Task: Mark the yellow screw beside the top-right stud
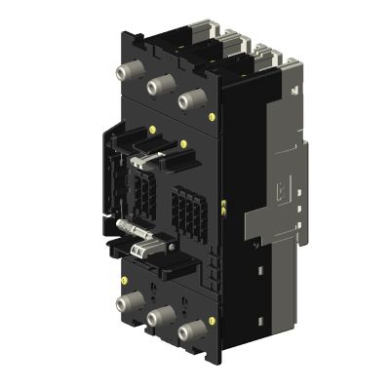pyautogui.click(x=214, y=114)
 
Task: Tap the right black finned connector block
pyautogui.click(x=184, y=210)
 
